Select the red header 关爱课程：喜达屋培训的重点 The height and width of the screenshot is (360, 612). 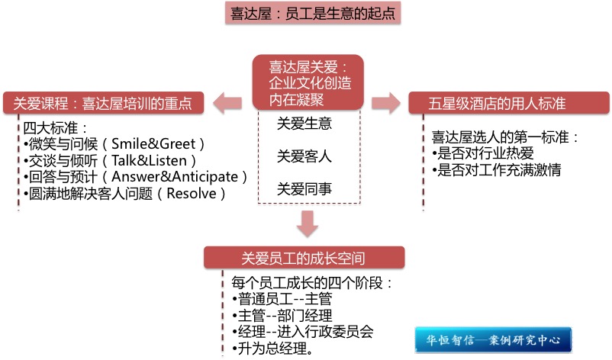click(x=104, y=102)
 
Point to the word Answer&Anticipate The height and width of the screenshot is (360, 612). click(x=187, y=177)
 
